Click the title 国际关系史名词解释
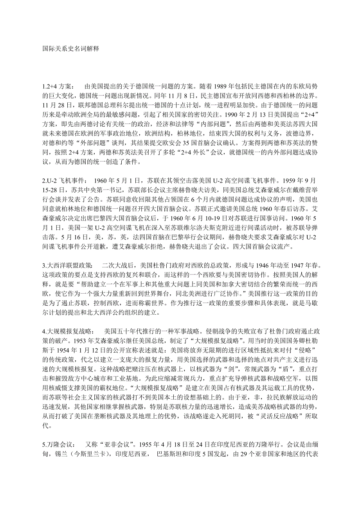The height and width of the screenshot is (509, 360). [x=70, y=49]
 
